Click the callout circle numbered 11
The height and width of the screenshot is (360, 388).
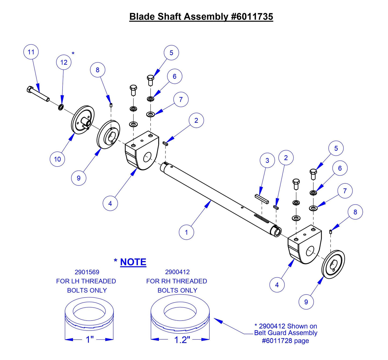(x=31, y=52)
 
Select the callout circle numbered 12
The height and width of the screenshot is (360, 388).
(x=64, y=62)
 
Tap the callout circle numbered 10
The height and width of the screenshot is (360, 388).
(x=57, y=159)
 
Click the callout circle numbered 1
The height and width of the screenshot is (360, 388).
(x=186, y=232)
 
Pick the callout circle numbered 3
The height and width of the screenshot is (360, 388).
(x=267, y=161)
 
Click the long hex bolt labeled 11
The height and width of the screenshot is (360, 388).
(x=38, y=93)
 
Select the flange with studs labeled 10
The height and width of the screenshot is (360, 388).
(x=83, y=120)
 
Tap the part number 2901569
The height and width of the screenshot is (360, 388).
(x=87, y=272)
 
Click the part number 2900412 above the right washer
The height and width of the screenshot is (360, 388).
(x=177, y=272)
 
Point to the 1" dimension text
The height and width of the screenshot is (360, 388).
(x=89, y=340)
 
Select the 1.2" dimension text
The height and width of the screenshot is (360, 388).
(x=182, y=340)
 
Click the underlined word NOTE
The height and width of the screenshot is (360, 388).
(x=133, y=262)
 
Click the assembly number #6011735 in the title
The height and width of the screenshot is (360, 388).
(x=252, y=17)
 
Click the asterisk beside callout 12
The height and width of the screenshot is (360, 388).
(x=73, y=54)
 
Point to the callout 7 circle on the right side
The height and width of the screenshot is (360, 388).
(x=345, y=191)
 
